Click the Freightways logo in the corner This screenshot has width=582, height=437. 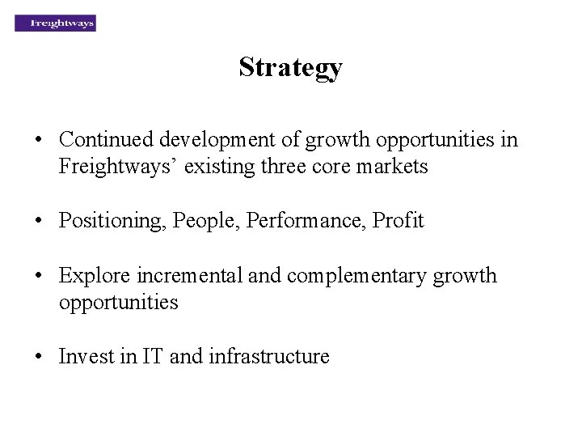pos(55,23)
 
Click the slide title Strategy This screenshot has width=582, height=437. pos(290,67)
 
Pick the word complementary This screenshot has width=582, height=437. pos(351,275)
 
